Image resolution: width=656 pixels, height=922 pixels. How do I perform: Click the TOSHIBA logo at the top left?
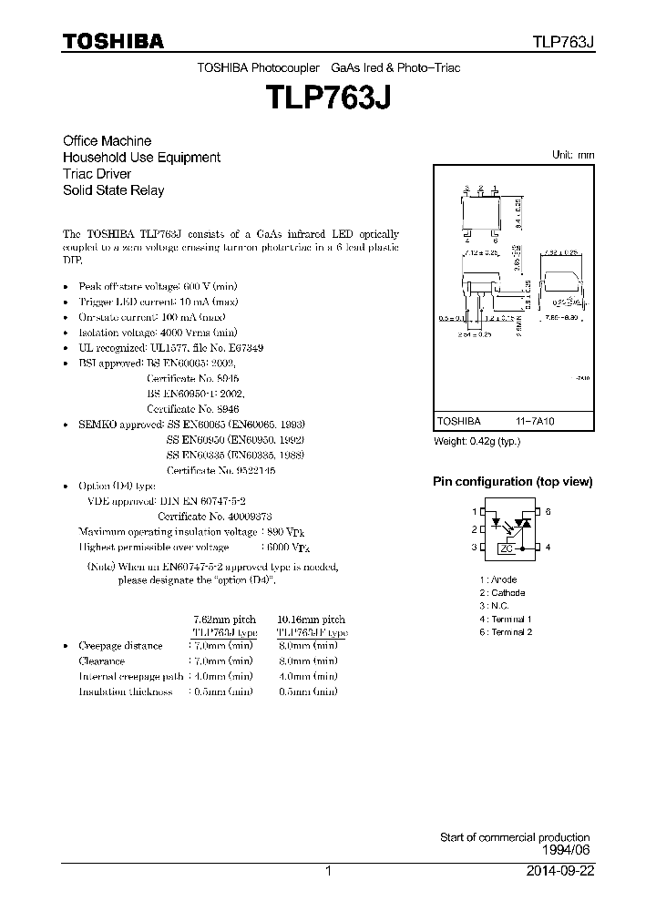pyautogui.click(x=114, y=41)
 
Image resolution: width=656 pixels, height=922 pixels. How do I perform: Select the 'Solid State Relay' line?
pyautogui.click(x=113, y=190)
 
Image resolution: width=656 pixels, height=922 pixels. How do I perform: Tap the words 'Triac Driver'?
pyautogui.click(x=97, y=174)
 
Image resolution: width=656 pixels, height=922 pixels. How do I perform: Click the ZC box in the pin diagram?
pyautogui.click(x=507, y=548)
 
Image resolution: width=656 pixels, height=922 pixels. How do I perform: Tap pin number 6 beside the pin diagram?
pyautogui.click(x=548, y=512)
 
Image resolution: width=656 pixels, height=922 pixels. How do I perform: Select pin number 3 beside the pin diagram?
pyautogui.click(x=474, y=548)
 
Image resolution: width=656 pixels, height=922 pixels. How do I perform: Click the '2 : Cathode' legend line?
pyautogui.click(x=502, y=592)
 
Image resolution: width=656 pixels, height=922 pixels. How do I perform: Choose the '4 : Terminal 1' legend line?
pyautogui.click(x=505, y=619)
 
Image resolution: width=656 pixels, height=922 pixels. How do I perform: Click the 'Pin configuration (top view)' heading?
pyautogui.click(x=511, y=482)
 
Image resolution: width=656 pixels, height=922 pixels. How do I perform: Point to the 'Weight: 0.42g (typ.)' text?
pyautogui.click(x=479, y=442)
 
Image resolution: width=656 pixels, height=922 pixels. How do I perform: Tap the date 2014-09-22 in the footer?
pyautogui.click(x=559, y=871)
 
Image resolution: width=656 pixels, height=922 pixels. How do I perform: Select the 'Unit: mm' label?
pyautogui.click(x=573, y=155)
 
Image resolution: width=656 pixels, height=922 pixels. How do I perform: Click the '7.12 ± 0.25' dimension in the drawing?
pyautogui.click(x=479, y=252)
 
